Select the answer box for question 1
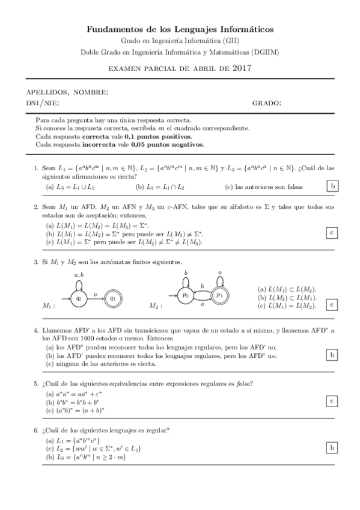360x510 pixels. pyautogui.click(x=332, y=187)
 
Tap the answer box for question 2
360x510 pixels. pyautogui.click(x=332, y=233)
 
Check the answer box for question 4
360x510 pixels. pyautogui.click(x=332, y=355)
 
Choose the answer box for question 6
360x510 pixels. pyautogui.click(x=332, y=447)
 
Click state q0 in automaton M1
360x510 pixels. pyautogui.click(x=78, y=296)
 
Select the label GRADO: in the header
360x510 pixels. pyautogui.click(x=266, y=103)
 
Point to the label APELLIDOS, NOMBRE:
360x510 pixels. pyautogui.click(x=67, y=93)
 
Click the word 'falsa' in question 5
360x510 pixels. pyautogui.click(x=243, y=384)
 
